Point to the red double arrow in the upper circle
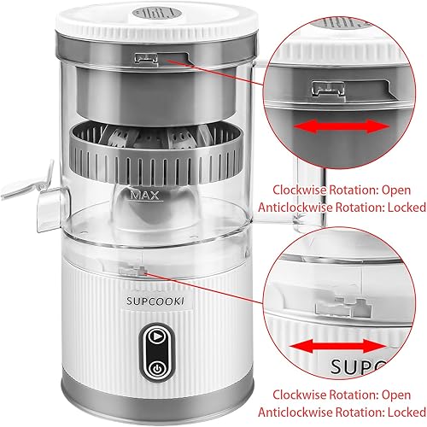coord(338,126)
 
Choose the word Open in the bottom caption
coord(379,395)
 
